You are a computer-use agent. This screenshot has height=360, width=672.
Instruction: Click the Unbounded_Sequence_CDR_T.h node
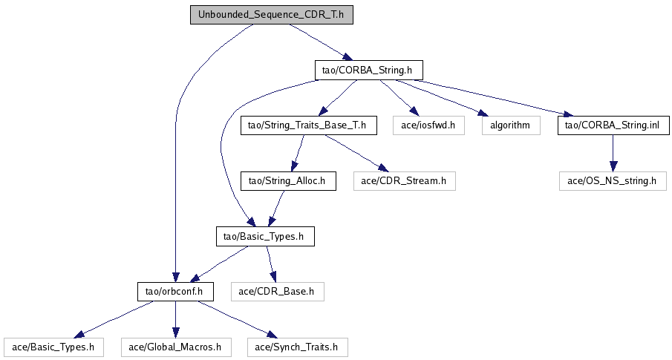(x=271, y=16)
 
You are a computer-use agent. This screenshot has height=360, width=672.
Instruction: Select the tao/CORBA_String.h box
(x=368, y=71)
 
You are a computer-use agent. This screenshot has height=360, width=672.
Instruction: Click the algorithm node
(x=509, y=125)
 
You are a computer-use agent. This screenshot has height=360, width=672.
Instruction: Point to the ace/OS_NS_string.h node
(x=613, y=181)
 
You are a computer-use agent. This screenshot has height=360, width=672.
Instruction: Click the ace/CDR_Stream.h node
(x=404, y=180)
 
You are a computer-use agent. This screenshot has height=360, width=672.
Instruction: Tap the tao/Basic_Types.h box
(x=264, y=237)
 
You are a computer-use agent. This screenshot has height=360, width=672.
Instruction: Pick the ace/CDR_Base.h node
(x=277, y=292)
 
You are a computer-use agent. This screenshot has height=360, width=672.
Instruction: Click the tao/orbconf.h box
(x=175, y=292)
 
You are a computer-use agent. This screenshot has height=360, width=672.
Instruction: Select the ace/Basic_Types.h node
(x=53, y=347)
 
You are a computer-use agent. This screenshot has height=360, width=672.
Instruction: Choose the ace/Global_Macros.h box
(x=175, y=347)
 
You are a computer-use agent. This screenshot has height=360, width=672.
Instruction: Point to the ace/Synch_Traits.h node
(x=297, y=347)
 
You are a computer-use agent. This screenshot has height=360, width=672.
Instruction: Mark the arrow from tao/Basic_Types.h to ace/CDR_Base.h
(x=271, y=264)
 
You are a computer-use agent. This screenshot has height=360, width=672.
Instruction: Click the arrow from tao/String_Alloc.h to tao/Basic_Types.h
(x=276, y=209)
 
